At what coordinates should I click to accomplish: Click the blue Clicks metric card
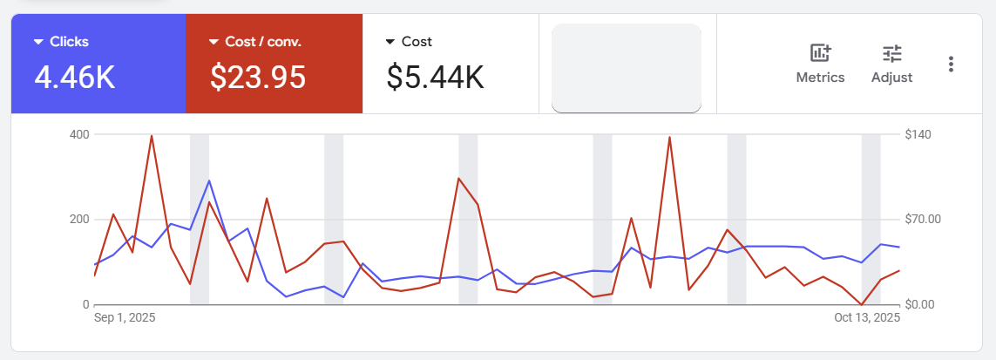[98, 64]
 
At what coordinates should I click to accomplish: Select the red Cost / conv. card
[274, 64]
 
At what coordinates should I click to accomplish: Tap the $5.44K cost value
[435, 78]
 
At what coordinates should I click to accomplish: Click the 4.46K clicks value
[74, 78]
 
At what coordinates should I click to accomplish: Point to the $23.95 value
[258, 78]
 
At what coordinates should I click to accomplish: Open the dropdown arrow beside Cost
[390, 42]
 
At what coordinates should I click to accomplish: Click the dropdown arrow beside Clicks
[38, 42]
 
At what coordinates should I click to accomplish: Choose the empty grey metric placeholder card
[626, 68]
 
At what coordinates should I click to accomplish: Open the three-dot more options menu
[951, 64]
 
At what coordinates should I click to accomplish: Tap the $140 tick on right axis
[920, 134]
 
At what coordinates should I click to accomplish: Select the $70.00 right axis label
[924, 219]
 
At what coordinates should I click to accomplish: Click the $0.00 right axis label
[923, 304]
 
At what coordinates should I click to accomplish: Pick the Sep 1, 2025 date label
[125, 319]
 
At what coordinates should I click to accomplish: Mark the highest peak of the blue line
[209, 180]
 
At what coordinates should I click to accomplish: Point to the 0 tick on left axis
[85, 304]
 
